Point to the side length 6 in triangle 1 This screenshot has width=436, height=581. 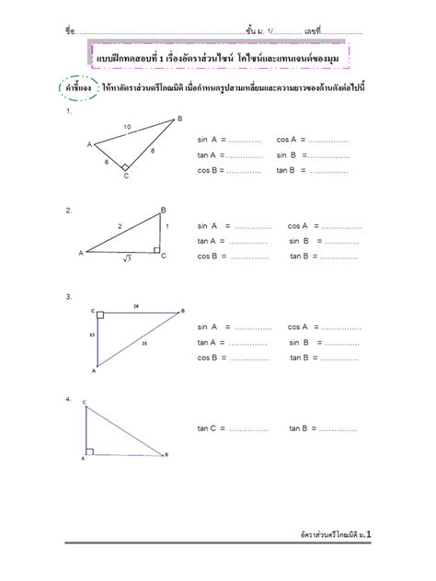pyautogui.click(x=106, y=161)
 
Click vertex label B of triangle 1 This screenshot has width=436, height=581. pyautogui.click(x=179, y=119)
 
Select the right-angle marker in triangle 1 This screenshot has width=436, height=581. pyautogui.click(x=125, y=168)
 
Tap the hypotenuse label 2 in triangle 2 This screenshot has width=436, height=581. pyautogui.click(x=119, y=225)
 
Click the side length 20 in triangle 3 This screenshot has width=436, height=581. pyautogui.click(x=136, y=306)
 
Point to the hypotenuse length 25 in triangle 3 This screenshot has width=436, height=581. pyautogui.click(x=143, y=343)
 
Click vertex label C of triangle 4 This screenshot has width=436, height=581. pyautogui.click(x=85, y=403)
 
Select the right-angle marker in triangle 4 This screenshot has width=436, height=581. pyautogui.click(x=89, y=450)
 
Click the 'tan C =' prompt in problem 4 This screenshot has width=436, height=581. pyautogui.click(x=212, y=428)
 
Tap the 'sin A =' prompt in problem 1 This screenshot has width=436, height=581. pyautogui.click(x=212, y=141)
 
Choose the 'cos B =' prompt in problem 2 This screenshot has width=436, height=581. pyautogui.click(x=212, y=256)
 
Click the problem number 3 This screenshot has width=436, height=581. pyautogui.click(x=69, y=296)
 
